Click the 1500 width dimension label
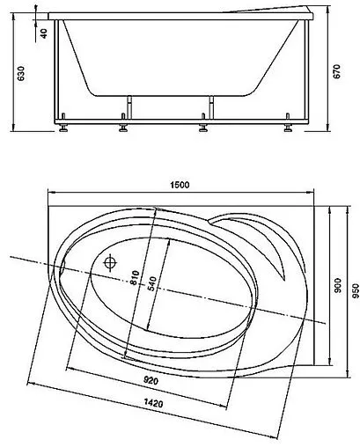click(x=180, y=185)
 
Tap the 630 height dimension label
click(x=21, y=74)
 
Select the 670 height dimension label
click(x=337, y=71)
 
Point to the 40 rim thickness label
click(x=44, y=33)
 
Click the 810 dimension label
click(x=135, y=278)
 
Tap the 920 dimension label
click(x=151, y=381)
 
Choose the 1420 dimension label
click(x=153, y=403)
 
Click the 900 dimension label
click(x=338, y=285)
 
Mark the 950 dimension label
click(x=356, y=291)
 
